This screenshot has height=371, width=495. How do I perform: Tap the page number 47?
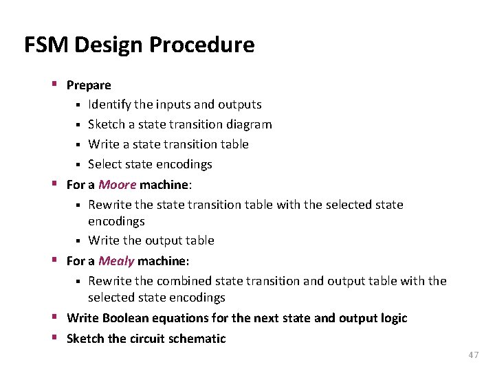(473, 355)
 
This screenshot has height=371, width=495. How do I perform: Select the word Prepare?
(89, 85)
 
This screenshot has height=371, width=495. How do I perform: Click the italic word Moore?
(117, 184)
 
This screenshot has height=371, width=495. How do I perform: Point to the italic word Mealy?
(116, 261)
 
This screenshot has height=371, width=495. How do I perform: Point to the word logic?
(393, 318)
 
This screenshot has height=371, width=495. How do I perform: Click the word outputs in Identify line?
(239, 104)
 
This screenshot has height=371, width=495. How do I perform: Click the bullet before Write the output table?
(79, 240)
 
